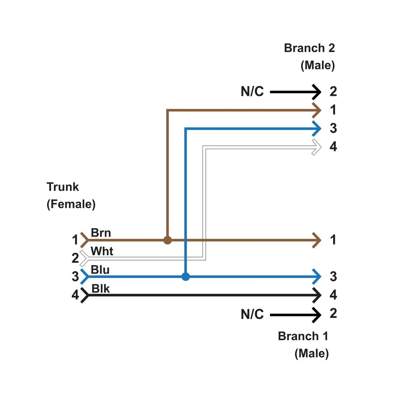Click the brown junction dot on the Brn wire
point(168,240)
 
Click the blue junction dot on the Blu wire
point(186,277)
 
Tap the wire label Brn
point(101,233)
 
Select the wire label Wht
point(102,251)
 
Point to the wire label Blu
point(100,270)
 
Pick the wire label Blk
point(100,289)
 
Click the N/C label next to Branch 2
point(252,92)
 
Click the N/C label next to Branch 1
point(252,314)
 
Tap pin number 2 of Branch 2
point(333,92)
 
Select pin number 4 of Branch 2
point(333,147)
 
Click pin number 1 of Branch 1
point(333,240)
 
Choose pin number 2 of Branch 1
point(333,313)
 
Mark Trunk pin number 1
point(75,240)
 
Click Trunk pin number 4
point(75,295)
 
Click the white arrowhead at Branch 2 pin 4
point(317,147)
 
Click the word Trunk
point(63,187)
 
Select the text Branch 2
point(309,48)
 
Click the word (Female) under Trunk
point(71,204)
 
